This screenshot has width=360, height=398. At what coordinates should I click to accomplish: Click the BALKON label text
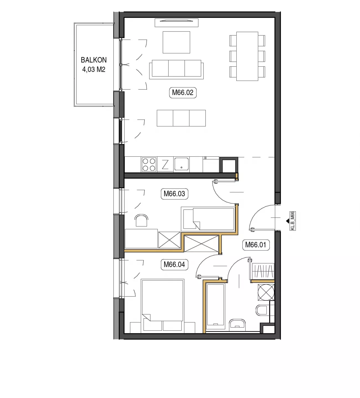coord(94,60)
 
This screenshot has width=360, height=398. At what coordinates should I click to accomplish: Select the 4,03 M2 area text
coord(94,69)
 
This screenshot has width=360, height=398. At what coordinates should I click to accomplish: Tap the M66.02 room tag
coord(183,93)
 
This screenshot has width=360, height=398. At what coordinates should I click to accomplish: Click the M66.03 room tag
coord(174,194)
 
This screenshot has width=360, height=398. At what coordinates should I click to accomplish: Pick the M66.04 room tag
coord(174,265)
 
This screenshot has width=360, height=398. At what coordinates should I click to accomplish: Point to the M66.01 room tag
coord(256,245)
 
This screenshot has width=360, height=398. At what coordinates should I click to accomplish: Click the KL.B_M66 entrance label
coord(292,221)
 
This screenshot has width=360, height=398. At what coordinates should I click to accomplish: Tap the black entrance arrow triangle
coord(288,221)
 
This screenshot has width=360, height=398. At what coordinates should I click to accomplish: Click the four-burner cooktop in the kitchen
coord(149,164)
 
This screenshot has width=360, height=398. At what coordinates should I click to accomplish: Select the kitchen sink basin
coord(182,164)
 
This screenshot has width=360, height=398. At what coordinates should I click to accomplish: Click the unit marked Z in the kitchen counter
coord(165,164)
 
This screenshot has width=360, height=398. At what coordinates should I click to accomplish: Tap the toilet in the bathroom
coord(262,310)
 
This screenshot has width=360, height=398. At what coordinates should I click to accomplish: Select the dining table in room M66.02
coord(247,56)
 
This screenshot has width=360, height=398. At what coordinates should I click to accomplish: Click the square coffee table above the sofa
coord(176,42)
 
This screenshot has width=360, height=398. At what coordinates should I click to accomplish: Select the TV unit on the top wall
coord(177,23)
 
